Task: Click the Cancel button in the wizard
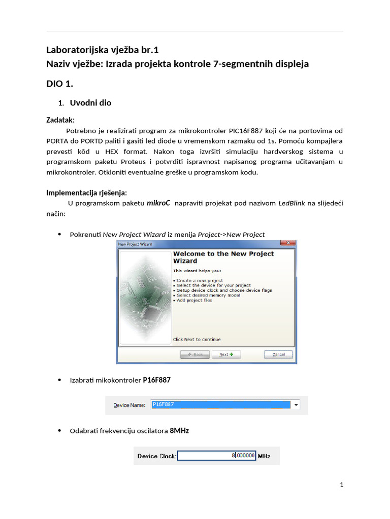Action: pyautogui.click(x=278, y=354)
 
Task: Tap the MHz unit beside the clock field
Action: pyautogui.click(x=265, y=456)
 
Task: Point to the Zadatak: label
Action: pyautogui.click(x=60, y=120)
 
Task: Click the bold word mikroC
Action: pyautogui.click(x=158, y=203)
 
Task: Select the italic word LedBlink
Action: pyautogui.click(x=291, y=203)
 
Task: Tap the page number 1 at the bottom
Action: pyautogui.click(x=342, y=485)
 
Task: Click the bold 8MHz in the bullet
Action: pyautogui.click(x=179, y=431)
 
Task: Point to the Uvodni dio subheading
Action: pyautogui.click(x=90, y=103)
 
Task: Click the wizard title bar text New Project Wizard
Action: pyautogui.click(x=135, y=244)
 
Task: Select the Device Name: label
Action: pyautogui.click(x=129, y=405)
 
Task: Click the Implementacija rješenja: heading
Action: pyautogui.click(x=87, y=193)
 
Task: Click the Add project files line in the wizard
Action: pyautogui.click(x=194, y=301)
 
